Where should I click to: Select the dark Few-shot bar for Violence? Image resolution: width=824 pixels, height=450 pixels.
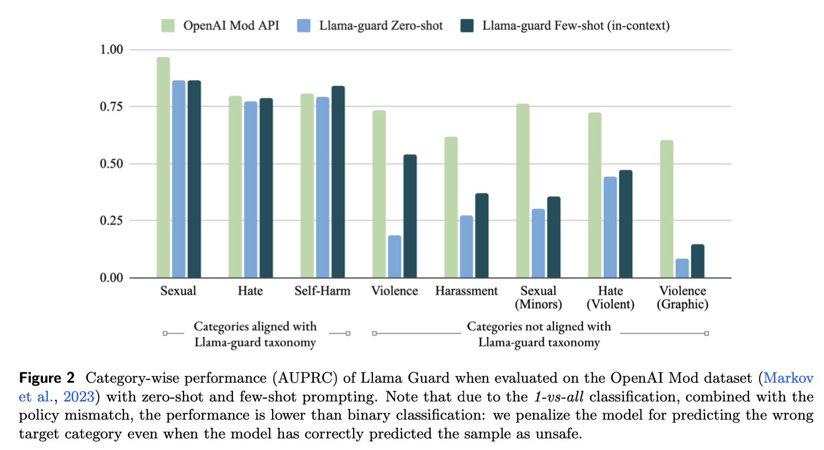(x=410, y=216)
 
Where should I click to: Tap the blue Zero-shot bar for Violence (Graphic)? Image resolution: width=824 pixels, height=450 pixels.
(x=682, y=268)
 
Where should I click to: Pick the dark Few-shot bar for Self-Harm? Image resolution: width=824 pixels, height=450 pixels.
(x=338, y=182)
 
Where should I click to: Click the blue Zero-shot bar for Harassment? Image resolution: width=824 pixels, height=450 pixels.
(x=466, y=247)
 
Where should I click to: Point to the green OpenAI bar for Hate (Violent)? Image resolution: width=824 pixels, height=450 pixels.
(x=594, y=195)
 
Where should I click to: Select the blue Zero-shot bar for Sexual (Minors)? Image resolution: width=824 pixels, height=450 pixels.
(x=538, y=243)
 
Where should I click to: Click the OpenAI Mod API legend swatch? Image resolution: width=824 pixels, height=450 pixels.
(x=168, y=25)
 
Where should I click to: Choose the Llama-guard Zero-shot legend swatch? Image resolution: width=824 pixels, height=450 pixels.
(x=303, y=25)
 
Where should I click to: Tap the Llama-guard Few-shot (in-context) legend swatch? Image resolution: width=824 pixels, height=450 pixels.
(x=467, y=25)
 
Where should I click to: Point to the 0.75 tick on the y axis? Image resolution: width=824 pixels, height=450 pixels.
(x=111, y=106)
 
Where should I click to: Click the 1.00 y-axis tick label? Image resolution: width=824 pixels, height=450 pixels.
(x=111, y=50)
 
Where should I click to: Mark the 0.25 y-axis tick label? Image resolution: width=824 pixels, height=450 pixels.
(x=111, y=221)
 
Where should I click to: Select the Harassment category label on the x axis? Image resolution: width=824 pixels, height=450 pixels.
(x=466, y=291)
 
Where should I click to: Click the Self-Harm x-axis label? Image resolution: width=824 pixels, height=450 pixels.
(x=322, y=291)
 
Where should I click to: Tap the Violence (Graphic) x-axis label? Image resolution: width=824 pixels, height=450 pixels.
(x=682, y=297)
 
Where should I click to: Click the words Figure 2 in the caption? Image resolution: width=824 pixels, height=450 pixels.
(x=47, y=378)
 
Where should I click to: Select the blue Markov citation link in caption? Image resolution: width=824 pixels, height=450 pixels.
(x=788, y=378)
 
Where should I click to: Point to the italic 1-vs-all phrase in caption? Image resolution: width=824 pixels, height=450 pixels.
(x=559, y=397)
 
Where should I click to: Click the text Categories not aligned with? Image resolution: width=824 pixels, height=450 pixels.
(x=539, y=326)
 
